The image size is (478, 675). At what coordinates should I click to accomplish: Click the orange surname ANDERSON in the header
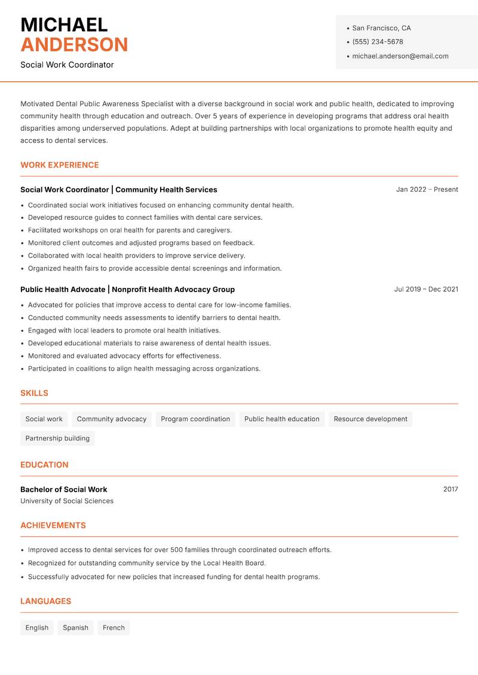pos(74,45)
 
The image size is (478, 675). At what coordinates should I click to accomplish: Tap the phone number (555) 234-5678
pos(378,42)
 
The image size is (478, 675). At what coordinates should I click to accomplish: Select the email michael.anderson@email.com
pos(400,56)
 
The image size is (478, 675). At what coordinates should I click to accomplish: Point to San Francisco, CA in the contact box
pos(381,28)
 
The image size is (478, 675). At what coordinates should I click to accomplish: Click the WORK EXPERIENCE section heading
pos(60,165)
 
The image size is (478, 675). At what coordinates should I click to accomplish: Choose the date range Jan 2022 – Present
pos(427,189)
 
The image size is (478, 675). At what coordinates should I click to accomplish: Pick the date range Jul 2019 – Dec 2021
pos(426,289)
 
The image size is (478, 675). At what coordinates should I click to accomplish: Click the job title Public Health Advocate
pos(63,289)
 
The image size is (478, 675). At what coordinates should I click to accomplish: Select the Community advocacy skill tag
pos(112,419)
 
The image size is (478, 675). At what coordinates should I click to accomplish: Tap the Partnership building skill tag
pos(57,438)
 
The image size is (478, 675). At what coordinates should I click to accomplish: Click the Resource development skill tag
pos(370,419)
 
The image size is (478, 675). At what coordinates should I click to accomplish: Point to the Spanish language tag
pos(75,627)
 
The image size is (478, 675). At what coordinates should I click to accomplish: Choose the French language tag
pos(114,627)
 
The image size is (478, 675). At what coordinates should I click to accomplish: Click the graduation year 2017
pos(451,489)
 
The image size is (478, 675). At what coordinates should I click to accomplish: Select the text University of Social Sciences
pos(67,501)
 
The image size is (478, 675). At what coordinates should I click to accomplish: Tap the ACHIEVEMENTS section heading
pos(53,526)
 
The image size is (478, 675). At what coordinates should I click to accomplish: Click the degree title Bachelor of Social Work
pos(64,489)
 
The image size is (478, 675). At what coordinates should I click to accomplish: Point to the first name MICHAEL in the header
pos(64,25)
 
